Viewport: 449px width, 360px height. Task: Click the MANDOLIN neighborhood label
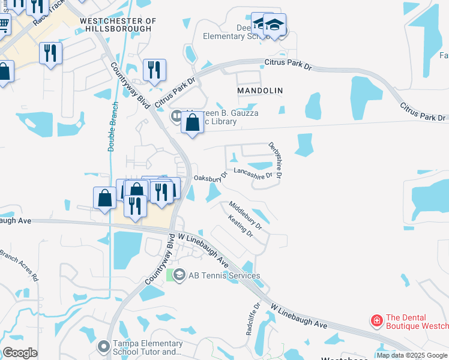click(259, 90)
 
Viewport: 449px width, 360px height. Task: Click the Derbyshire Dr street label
click(276, 160)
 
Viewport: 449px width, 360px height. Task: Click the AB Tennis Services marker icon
click(179, 275)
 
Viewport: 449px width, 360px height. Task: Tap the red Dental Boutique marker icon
click(376, 321)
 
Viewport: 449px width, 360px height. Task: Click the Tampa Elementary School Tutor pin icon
click(103, 346)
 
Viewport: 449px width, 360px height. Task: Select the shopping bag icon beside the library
click(192, 123)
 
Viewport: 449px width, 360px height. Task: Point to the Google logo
click(20, 353)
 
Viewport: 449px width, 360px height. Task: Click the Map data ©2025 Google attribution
click(412, 356)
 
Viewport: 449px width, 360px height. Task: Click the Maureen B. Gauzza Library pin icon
click(176, 116)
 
